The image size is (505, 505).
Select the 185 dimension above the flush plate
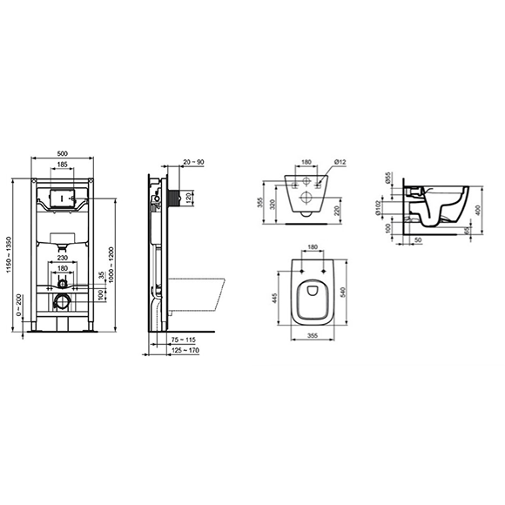(62, 165)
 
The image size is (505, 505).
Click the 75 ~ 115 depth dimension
(183, 340)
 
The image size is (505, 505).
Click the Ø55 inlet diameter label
(388, 179)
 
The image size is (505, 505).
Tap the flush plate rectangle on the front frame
(62, 198)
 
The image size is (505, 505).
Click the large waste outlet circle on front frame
(62, 302)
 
